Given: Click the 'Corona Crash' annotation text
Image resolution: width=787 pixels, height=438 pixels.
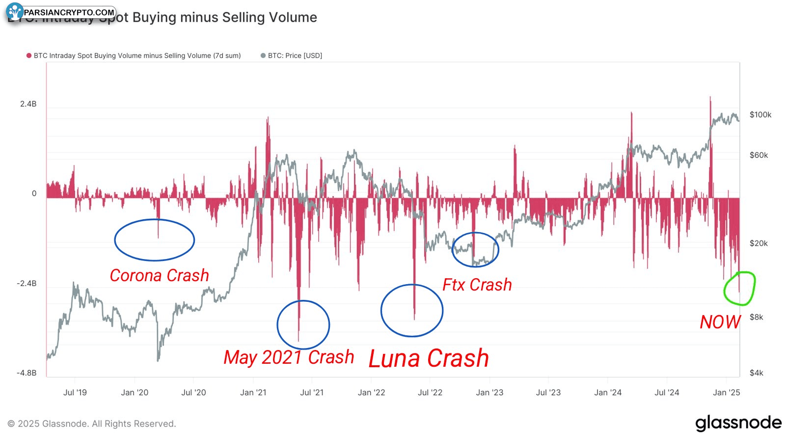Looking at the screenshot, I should [159, 275].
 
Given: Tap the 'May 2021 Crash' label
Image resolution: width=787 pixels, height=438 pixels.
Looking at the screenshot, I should [289, 357].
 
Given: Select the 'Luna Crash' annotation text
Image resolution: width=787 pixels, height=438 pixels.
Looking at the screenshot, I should [429, 358].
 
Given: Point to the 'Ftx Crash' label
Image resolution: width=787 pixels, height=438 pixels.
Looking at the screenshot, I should [477, 285].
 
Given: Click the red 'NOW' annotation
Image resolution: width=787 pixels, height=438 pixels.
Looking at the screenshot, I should [720, 322].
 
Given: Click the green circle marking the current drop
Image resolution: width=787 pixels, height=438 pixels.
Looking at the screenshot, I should [740, 289].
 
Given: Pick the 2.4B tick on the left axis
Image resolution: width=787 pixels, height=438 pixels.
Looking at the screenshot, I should [28, 104].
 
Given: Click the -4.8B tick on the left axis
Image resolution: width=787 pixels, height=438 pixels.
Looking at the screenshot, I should [27, 373].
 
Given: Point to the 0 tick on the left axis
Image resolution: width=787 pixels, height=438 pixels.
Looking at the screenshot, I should [34, 194].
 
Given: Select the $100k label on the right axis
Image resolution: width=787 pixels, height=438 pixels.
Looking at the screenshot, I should [760, 115].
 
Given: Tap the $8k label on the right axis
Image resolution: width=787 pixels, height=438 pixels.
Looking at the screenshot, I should [756, 318].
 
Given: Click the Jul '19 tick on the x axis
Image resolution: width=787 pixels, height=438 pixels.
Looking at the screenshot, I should [75, 393].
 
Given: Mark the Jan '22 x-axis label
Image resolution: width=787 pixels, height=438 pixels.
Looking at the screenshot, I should [371, 393].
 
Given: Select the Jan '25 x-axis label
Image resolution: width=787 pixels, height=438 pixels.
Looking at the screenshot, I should [726, 393].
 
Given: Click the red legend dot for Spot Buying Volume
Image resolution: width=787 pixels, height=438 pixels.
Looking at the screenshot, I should [29, 56].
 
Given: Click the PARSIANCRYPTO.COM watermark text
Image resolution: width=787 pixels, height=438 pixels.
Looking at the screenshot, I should [69, 12].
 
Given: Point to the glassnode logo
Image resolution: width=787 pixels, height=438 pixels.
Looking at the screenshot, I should [738, 423].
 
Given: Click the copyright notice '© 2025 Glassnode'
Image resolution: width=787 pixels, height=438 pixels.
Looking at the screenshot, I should [92, 424].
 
